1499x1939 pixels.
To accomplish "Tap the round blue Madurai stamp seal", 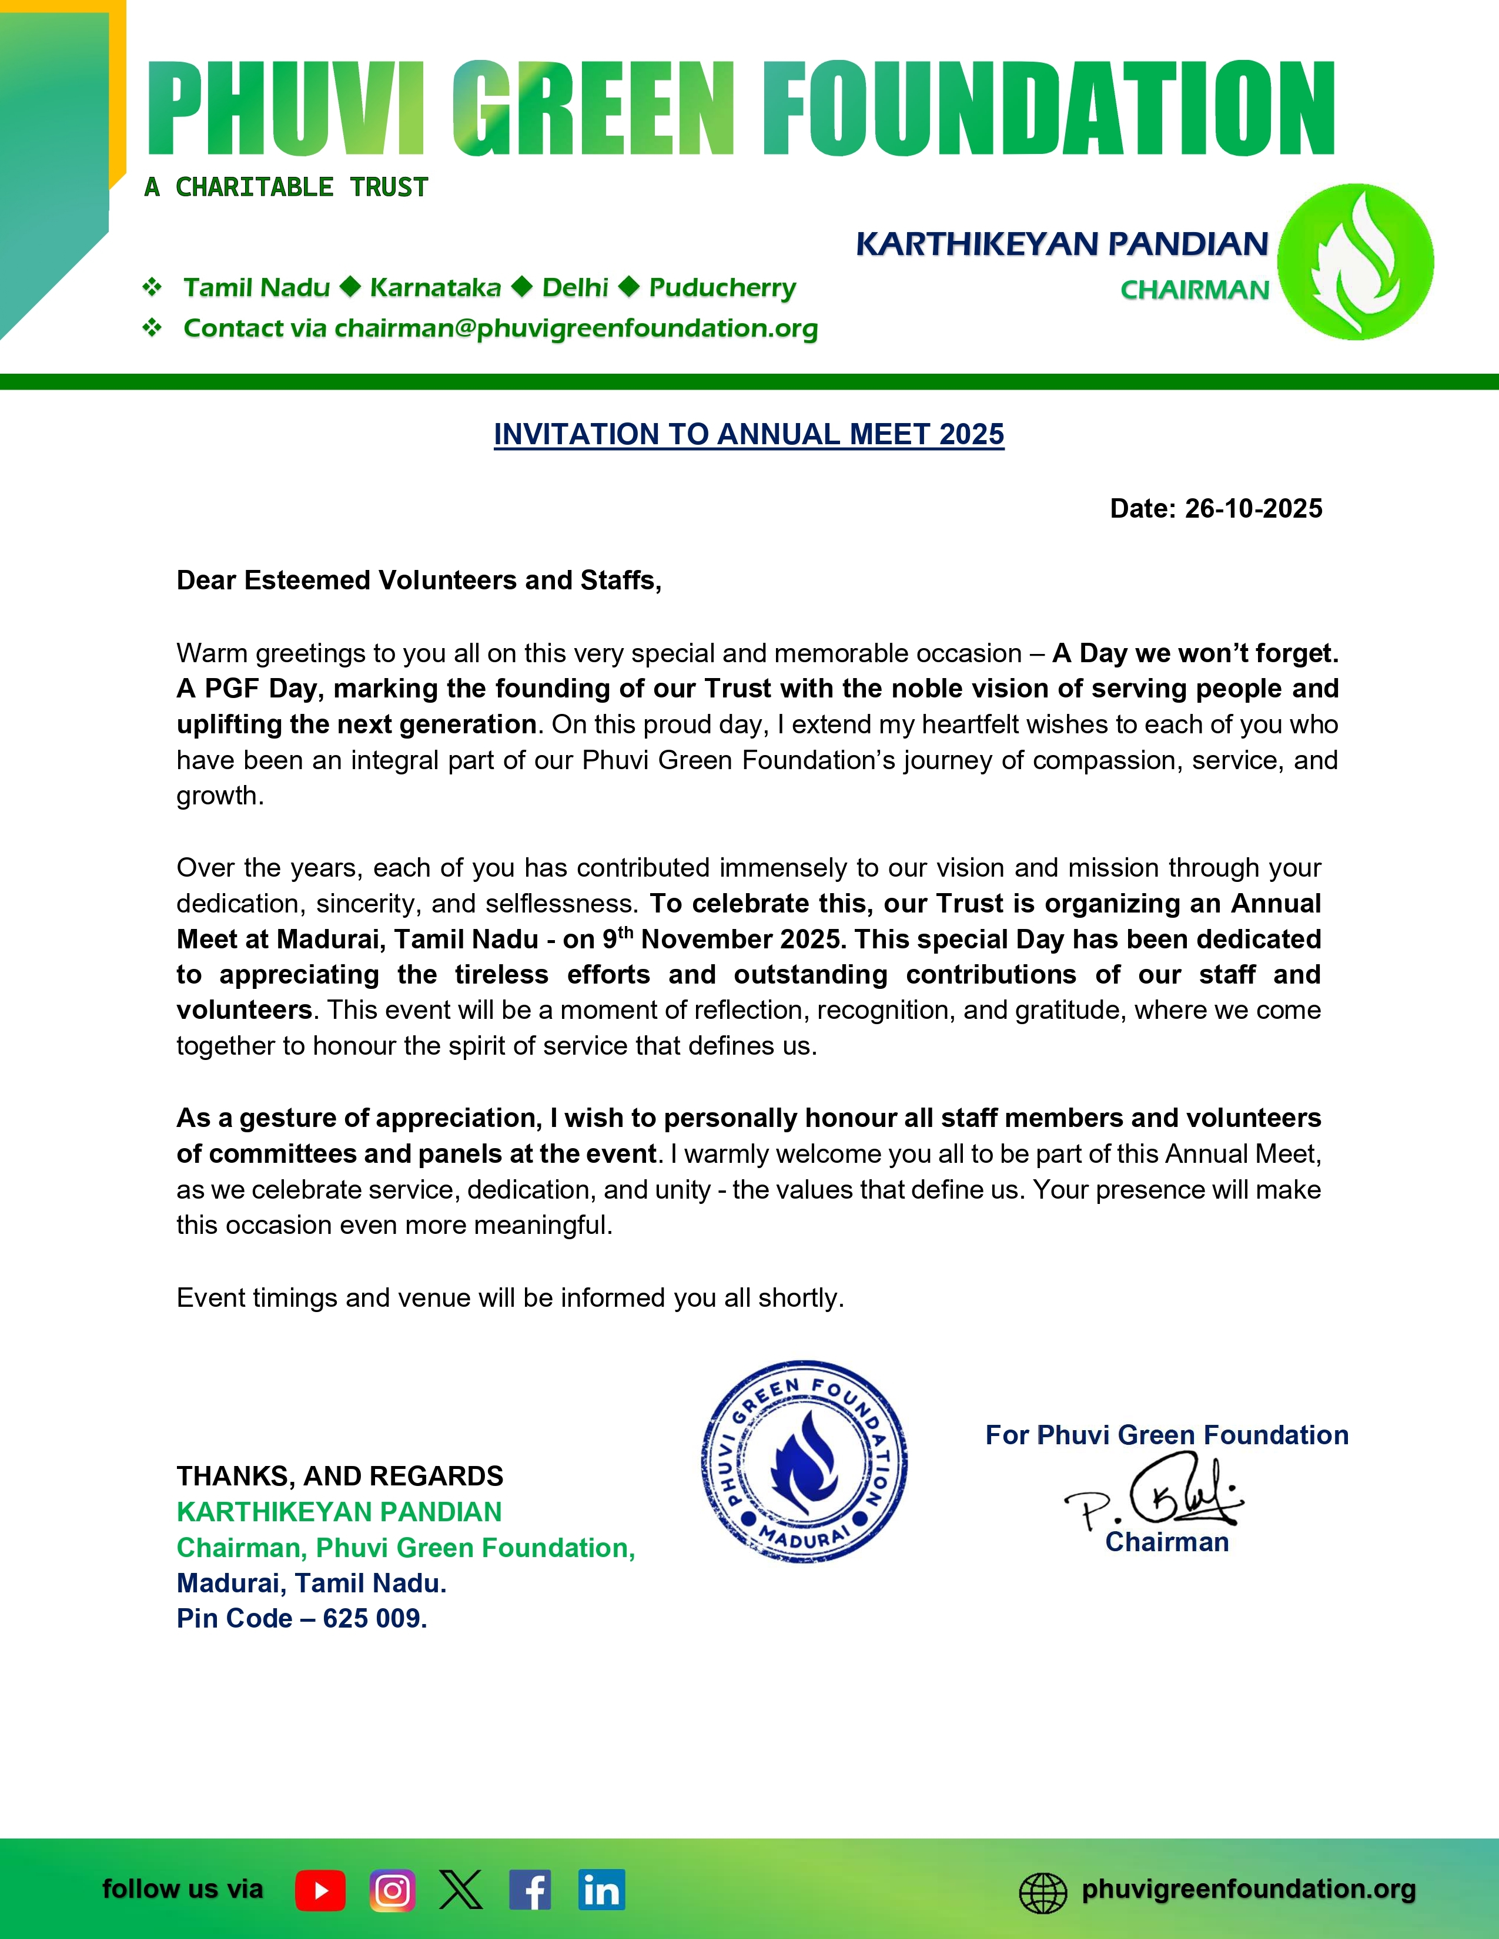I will tap(804, 1461).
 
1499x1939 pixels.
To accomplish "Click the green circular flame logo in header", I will tap(1355, 262).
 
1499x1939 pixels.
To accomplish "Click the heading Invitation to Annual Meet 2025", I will tap(748, 434).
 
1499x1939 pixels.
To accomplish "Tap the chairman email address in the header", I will tap(575, 328).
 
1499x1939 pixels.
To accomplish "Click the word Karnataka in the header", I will tap(435, 288).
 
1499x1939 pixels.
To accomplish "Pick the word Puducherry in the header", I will tap(722, 288).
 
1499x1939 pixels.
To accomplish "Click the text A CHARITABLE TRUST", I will tap(286, 187).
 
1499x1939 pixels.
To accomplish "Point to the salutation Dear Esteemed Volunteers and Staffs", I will tap(419, 581).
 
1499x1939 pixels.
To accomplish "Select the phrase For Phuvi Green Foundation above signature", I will tap(1166, 1435).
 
